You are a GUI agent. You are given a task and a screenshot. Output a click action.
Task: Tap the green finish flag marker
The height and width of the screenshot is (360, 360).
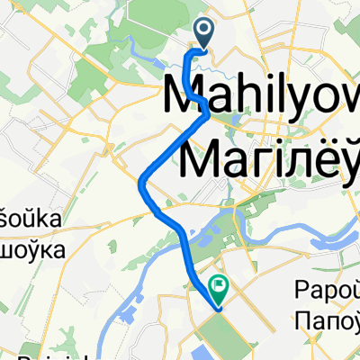219,287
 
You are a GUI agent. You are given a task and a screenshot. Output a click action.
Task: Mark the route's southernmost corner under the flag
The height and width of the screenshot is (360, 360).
218,308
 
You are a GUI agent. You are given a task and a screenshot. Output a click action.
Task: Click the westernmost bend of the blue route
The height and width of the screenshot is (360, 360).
141,184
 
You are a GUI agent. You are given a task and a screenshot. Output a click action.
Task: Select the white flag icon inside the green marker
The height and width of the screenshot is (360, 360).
219,285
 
